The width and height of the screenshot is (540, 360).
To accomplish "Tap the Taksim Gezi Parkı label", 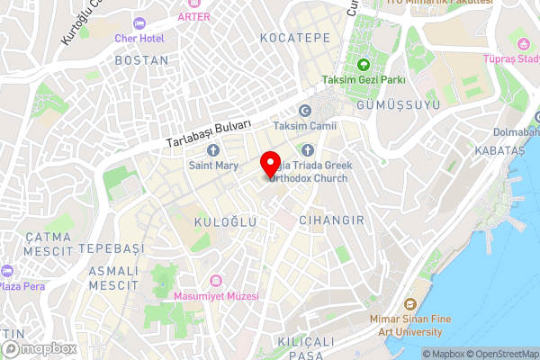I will point(364,79).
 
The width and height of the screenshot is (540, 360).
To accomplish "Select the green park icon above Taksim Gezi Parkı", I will point(364,64).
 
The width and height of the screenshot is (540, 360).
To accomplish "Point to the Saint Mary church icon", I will point(212,149).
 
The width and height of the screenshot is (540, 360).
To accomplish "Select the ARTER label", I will point(194,16).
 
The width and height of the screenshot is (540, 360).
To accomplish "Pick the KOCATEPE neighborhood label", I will point(294,38).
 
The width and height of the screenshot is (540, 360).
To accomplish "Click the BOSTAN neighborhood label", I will point(141,60).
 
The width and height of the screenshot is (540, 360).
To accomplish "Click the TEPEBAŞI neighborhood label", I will point(112,247).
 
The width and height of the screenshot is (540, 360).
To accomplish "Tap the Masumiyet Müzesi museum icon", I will point(215,281).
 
